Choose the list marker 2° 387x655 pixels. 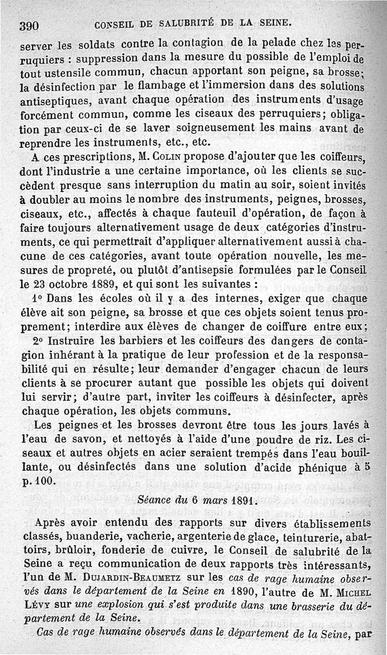(38, 341)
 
